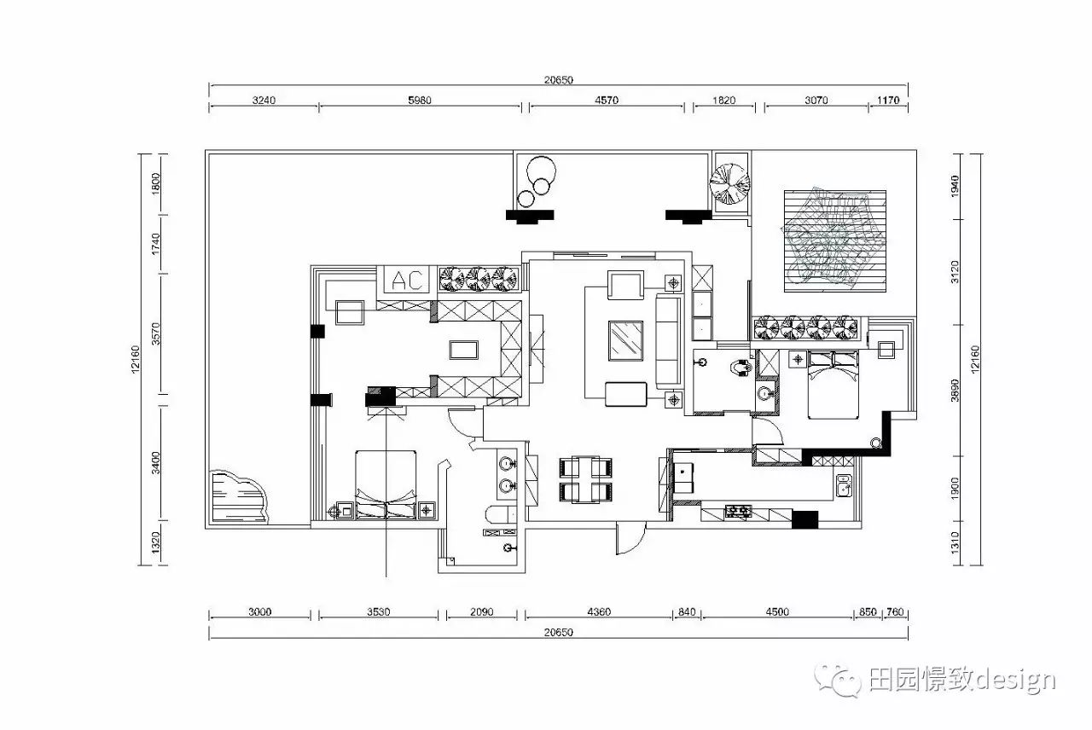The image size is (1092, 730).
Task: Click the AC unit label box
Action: (x=406, y=280)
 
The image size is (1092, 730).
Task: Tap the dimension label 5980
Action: (x=419, y=100)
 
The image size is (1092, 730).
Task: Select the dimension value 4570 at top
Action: (x=607, y=100)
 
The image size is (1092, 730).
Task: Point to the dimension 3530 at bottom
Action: (x=378, y=611)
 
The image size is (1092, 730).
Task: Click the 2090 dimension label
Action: (x=482, y=611)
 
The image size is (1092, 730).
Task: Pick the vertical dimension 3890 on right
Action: (x=955, y=391)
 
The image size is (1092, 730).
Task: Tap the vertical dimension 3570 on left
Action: (x=155, y=333)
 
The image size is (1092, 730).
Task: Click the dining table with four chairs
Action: (x=585, y=479)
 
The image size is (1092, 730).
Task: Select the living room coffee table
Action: (x=625, y=340)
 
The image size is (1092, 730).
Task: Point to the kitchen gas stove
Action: (x=738, y=511)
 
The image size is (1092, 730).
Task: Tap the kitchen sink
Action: (x=844, y=485)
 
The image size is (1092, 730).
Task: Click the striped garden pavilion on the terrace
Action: (x=835, y=241)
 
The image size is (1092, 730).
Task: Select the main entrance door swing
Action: (x=630, y=538)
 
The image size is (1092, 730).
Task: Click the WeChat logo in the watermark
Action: (x=838, y=681)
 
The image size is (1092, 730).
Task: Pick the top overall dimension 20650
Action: (x=559, y=79)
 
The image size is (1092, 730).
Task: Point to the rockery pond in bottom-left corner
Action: (x=239, y=497)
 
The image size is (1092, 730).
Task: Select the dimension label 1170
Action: (x=888, y=100)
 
